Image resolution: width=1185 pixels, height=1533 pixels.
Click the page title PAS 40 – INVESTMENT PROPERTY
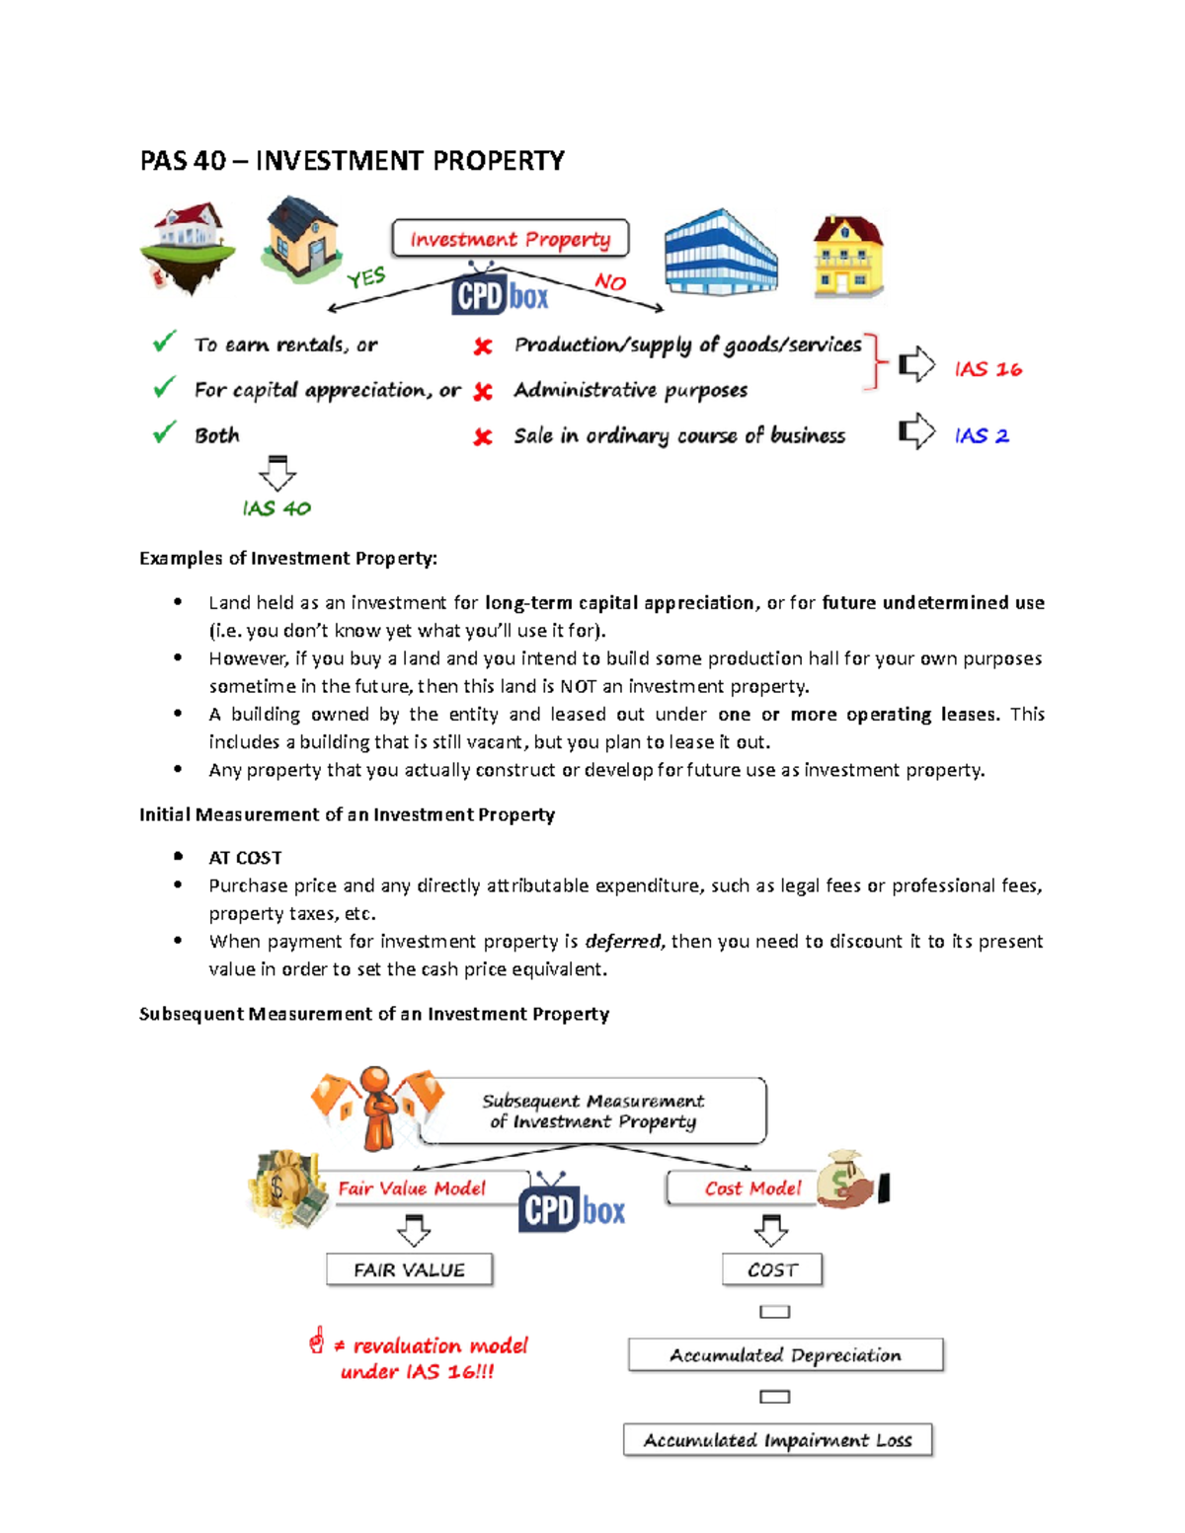click(x=352, y=161)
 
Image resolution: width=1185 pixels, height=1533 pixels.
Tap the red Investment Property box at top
click(x=510, y=239)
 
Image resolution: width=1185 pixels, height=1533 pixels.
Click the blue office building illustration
click(x=720, y=253)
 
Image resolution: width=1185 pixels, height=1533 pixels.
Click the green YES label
click(x=366, y=278)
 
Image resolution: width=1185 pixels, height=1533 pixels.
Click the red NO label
click(x=610, y=282)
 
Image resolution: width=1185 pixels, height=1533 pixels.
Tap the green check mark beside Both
click(x=164, y=433)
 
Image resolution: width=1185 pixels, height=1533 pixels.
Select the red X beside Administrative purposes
click(x=483, y=392)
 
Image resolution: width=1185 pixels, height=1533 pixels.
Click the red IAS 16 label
click(x=987, y=369)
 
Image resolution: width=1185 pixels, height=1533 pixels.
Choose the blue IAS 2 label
click(x=982, y=435)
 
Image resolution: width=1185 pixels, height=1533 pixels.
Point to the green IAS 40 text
click(x=276, y=508)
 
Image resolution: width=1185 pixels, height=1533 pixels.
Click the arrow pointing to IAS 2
click(x=916, y=431)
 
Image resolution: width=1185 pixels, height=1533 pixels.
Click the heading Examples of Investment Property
click(x=287, y=559)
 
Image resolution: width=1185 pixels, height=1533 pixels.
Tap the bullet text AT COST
click(x=245, y=858)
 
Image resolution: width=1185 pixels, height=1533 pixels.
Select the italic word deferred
click(x=622, y=942)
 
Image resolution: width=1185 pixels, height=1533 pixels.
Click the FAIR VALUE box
click(x=409, y=1270)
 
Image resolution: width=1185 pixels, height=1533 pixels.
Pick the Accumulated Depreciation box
click(x=785, y=1355)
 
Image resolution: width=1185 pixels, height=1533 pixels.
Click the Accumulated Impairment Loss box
click(x=777, y=1440)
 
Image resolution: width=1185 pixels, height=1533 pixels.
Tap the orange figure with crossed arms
click(x=377, y=1109)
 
